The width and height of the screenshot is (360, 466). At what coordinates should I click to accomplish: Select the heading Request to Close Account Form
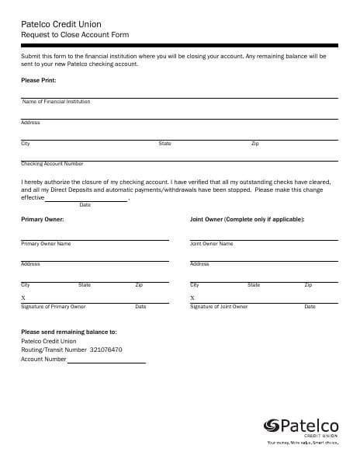(x=75, y=35)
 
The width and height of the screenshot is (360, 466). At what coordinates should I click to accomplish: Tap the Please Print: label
(x=38, y=81)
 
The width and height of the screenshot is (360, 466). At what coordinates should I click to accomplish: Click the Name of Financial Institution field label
(x=56, y=102)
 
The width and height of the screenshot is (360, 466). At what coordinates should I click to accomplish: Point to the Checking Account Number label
(x=52, y=164)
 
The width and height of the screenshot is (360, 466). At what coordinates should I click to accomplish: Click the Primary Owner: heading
(x=42, y=219)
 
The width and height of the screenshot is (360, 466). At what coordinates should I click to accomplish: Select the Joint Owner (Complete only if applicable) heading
(x=247, y=219)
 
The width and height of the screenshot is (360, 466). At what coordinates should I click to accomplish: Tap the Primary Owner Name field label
(x=46, y=244)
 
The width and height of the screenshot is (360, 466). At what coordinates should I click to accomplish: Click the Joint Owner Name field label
(x=211, y=244)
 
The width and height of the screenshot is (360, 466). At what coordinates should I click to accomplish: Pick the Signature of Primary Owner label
(x=54, y=307)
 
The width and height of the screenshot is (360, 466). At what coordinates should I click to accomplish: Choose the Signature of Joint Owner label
(x=219, y=307)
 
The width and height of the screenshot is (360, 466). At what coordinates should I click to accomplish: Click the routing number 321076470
(x=106, y=350)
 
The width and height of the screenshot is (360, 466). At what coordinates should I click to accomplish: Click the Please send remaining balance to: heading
(x=68, y=332)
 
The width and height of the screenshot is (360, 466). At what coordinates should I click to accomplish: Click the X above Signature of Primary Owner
(x=23, y=298)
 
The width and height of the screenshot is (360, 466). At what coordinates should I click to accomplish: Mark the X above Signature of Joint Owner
(x=192, y=298)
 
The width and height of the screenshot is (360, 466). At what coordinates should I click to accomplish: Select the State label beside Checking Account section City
(x=164, y=144)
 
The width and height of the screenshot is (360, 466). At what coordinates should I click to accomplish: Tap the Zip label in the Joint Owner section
(x=308, y=285)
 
